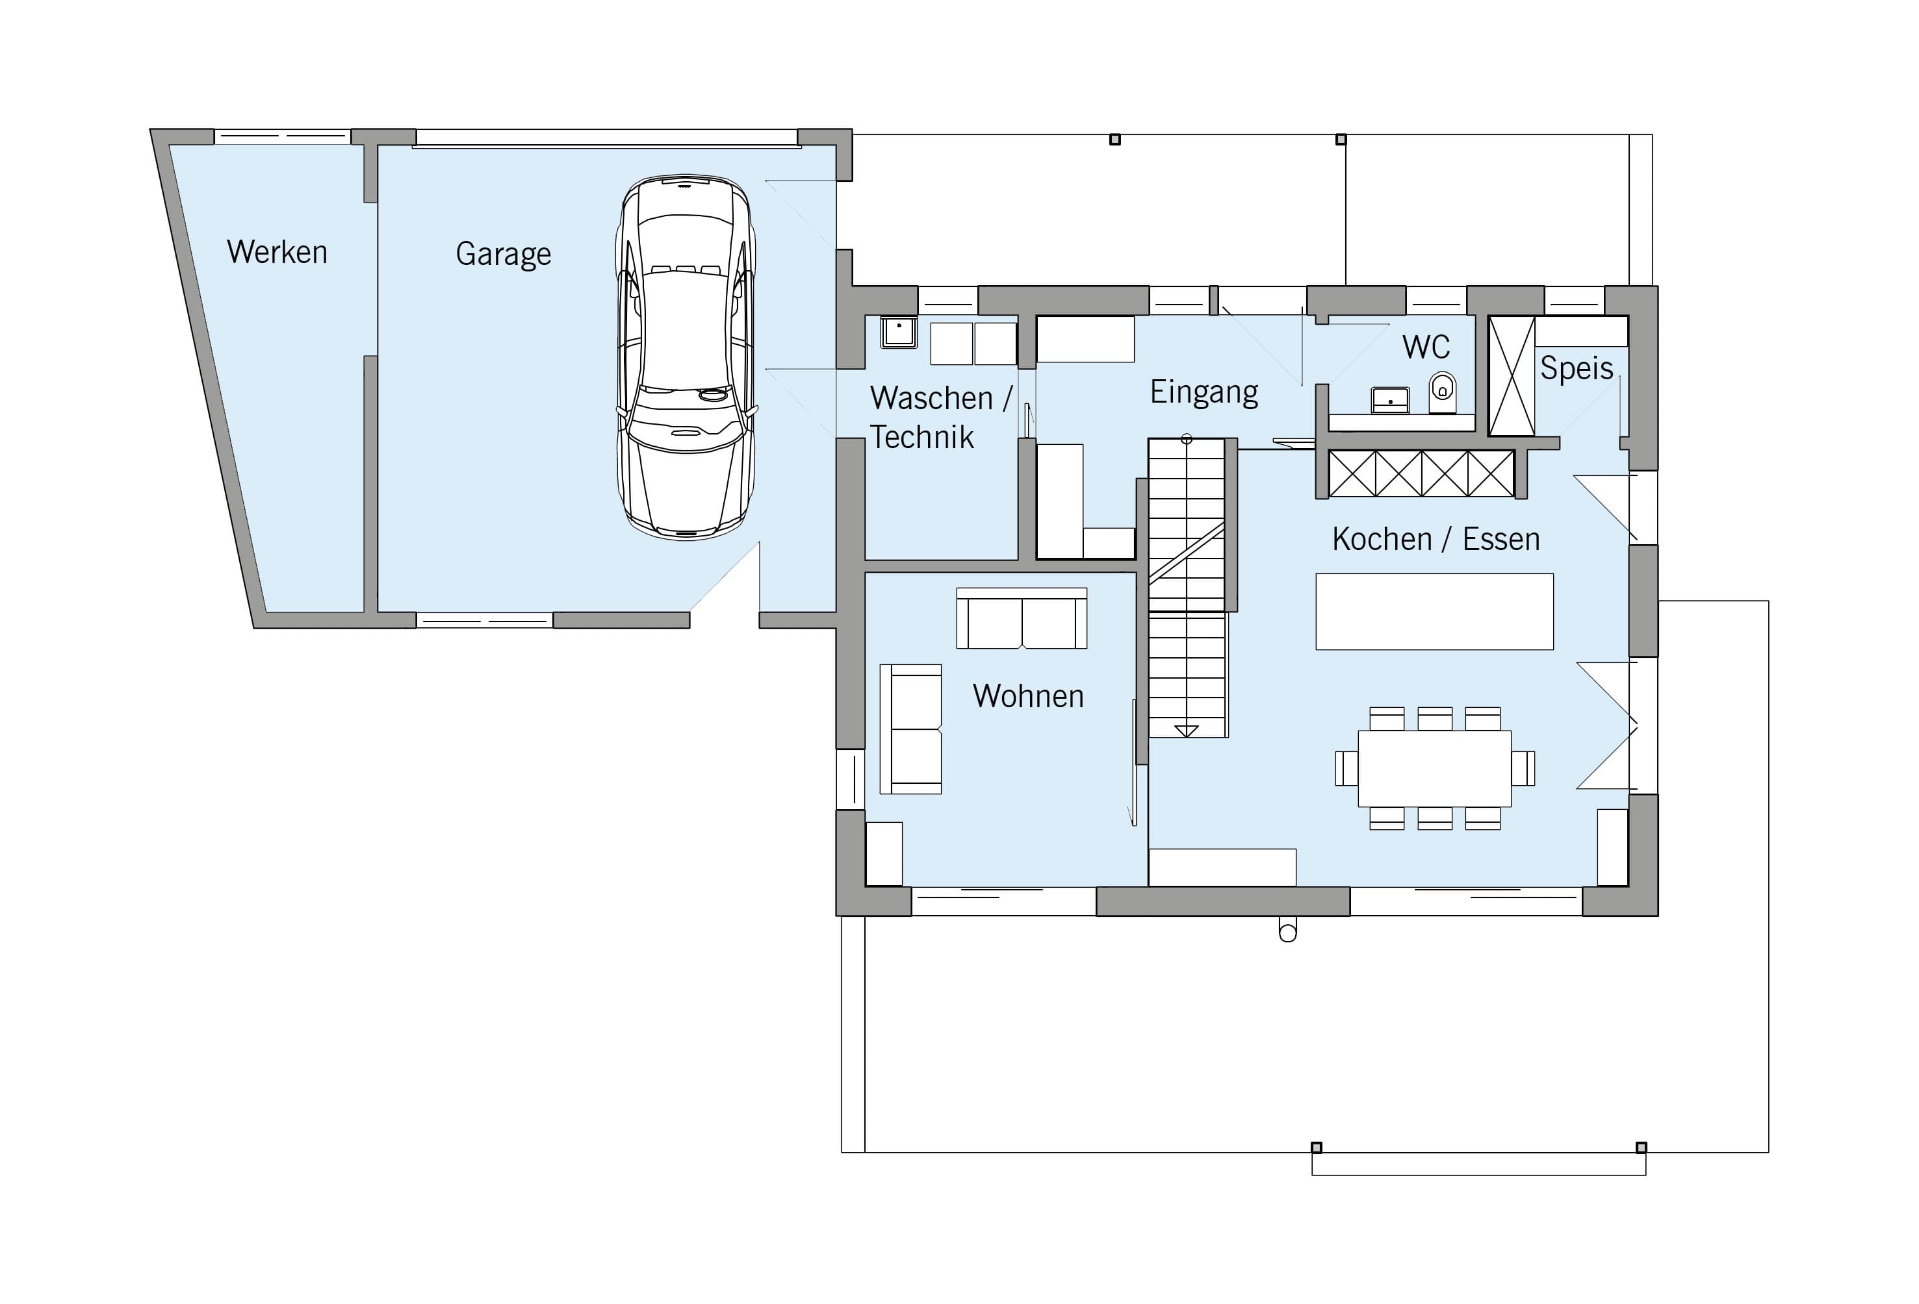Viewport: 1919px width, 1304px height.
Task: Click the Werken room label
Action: click(x=277, y=252)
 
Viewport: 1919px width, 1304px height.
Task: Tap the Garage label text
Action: click(x=504, y=254)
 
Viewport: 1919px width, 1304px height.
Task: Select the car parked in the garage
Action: click(x=686, y=357)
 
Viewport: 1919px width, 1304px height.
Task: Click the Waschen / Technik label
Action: click(x=940, y=418)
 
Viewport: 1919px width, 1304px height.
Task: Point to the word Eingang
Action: click(x=1204, y=393)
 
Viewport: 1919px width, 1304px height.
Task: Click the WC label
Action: click(x=1426, y=347)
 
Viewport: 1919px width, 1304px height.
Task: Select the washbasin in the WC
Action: click(x=1391, y=400)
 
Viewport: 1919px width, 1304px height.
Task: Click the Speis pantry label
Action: click(x=1577, y=369)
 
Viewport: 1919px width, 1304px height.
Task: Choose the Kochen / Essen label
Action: click(x=1436, y=539)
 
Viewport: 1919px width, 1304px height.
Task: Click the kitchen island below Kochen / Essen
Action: click(x=1434, y=612)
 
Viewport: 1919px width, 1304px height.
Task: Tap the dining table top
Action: click(x=1434, y=768)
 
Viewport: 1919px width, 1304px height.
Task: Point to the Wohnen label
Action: click(x=1028, y=696)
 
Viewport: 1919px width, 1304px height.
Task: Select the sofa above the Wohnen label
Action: click(x=1022, y=618)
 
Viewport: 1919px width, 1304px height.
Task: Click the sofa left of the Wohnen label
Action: click(x=911, y=729)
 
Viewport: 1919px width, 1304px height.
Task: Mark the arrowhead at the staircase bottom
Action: click(x=1187, y=731)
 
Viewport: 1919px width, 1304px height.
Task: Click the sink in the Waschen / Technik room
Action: click(x=898, y=332)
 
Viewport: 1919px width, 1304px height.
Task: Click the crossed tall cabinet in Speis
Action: click(x=1511, y=375)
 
